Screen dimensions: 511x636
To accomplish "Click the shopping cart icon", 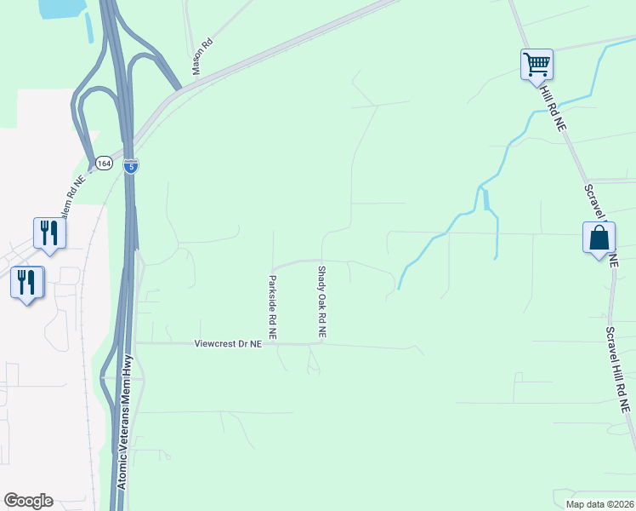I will [537, 64].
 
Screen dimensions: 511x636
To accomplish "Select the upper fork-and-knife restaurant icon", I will [49, 233].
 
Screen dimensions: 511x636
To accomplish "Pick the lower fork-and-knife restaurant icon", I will [26, 281].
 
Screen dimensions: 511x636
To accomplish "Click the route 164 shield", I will [104, 163].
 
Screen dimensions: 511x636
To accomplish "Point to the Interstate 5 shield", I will [130, 165].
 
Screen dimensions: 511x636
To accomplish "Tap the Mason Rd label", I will [202, 57].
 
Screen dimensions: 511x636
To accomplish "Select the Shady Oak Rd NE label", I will [322, 303].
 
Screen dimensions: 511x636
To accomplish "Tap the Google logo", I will [28, 501].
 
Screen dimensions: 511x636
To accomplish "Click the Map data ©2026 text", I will [599, 504].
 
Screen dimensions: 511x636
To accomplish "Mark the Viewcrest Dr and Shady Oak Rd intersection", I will [322, 345].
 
